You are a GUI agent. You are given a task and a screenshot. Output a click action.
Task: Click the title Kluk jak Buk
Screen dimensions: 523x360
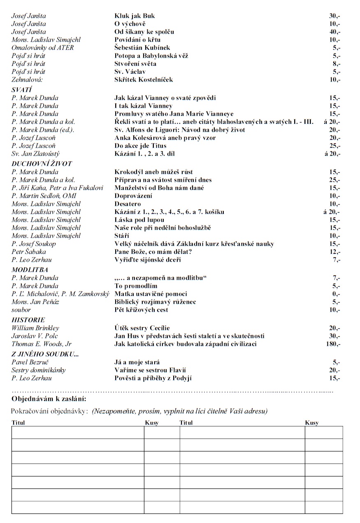click(135, 16)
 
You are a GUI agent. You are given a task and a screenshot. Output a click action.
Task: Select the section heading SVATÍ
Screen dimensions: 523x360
click(22, 90)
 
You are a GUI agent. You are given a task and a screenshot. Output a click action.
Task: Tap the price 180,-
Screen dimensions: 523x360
click(333, 344)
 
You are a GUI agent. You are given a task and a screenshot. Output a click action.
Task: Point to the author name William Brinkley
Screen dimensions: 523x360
click(35, 328)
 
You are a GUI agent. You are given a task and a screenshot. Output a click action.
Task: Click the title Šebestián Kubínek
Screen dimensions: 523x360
click(142, 48)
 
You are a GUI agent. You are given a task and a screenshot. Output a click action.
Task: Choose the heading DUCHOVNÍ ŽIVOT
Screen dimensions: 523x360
click(42, 164)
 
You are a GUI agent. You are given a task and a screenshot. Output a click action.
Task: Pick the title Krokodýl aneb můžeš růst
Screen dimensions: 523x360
click(153, 172)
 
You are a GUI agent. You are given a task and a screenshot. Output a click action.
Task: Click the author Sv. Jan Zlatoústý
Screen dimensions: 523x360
click(35, 153)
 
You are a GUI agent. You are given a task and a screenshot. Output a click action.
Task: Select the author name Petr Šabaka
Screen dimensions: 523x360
click(29, 251)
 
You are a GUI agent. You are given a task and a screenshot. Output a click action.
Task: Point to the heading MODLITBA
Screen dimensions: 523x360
click(30, 270)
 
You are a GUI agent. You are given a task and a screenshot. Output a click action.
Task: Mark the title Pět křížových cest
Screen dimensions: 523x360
click(141, 310)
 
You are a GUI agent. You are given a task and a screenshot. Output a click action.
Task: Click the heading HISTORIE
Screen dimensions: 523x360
click(28, 320)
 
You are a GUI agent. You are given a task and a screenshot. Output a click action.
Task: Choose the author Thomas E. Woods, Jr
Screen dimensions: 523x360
click(42, 344)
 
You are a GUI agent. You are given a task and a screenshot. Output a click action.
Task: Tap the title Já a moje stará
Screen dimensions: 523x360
click(137, 362)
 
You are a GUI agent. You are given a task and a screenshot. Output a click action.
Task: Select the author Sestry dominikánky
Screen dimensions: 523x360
click(39, 370)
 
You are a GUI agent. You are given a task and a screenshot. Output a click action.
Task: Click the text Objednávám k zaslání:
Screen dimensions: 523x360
click(49, 399)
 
